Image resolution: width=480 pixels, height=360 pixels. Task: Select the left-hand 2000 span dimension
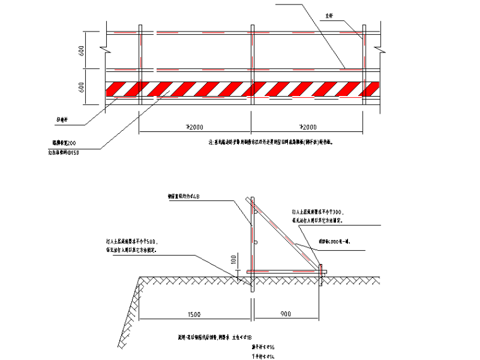coord(195,126)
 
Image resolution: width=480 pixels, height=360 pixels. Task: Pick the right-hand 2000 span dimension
coord(307,126)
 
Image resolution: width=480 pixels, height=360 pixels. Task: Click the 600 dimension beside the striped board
coord(82,88)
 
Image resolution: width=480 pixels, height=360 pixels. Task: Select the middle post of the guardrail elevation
coord(252,69)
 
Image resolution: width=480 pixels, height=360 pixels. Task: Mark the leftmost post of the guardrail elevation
coord(139,69)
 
